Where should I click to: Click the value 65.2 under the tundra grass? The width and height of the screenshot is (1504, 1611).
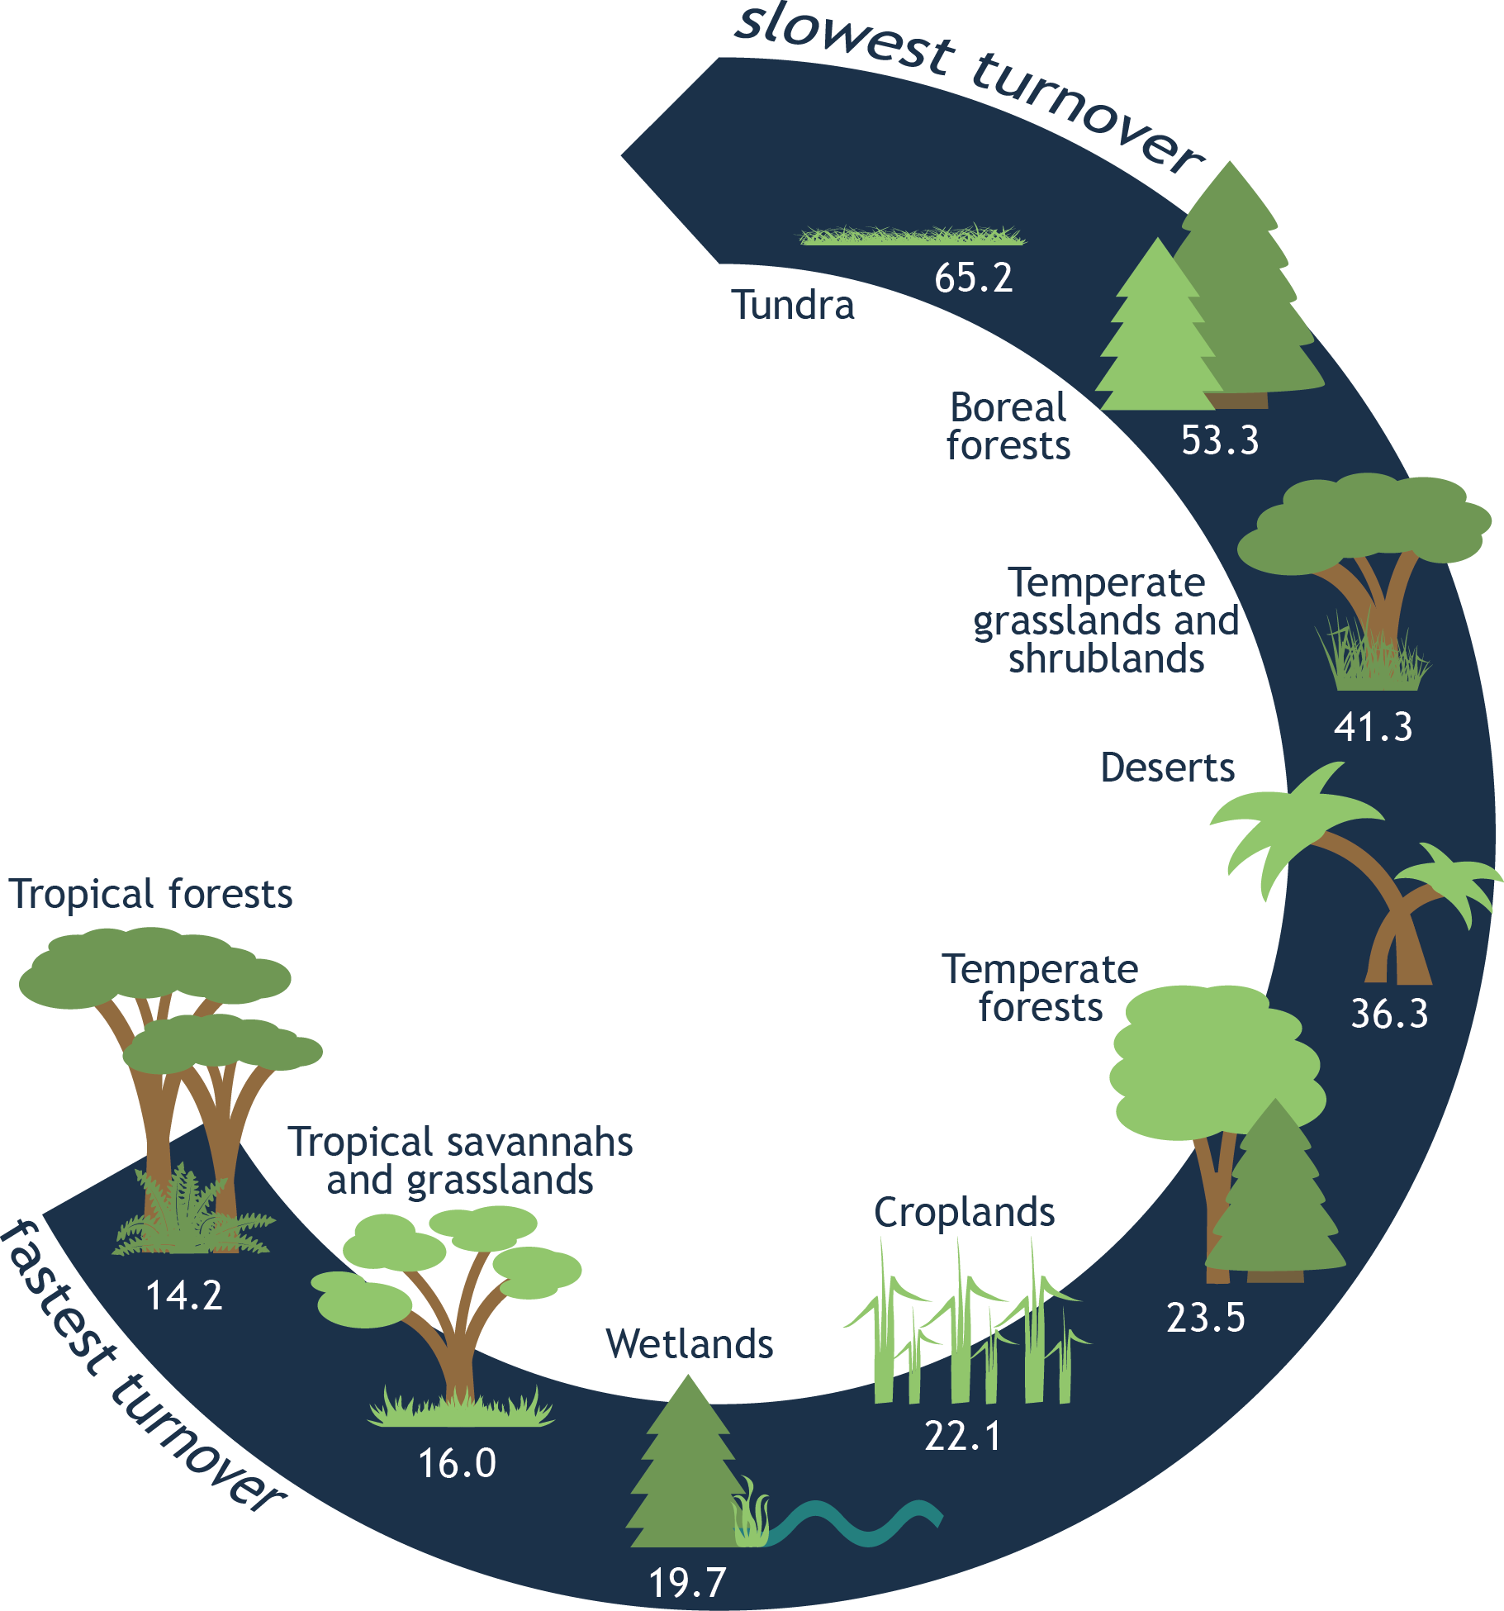click(973, 278)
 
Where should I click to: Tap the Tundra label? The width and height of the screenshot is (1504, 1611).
click(793, 306)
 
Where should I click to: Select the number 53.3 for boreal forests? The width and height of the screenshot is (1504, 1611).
click(1219, 440)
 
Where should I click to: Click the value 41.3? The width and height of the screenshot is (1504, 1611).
click(1373, 728)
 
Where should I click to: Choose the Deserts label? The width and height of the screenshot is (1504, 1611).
click(1167, 768)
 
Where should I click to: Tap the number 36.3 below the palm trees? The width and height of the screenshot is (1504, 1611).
click(1388, 1015)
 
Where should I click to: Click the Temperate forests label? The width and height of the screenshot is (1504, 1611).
click(1041, 988)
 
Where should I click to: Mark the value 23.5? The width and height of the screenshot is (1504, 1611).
click(1205, 1318)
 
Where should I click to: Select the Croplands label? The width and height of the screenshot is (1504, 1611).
click(964, 1213)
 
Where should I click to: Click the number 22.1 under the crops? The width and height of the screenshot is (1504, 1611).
click(962, 1437)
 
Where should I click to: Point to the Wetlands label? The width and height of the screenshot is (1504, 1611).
click(690, 1344)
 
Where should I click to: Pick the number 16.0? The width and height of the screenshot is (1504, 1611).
click(457, 1464)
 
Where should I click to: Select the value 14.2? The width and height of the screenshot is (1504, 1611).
click(184, 1295)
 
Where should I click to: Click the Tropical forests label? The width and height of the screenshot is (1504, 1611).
click(151, 894)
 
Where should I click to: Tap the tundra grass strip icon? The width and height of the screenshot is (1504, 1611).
click(912, 236)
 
